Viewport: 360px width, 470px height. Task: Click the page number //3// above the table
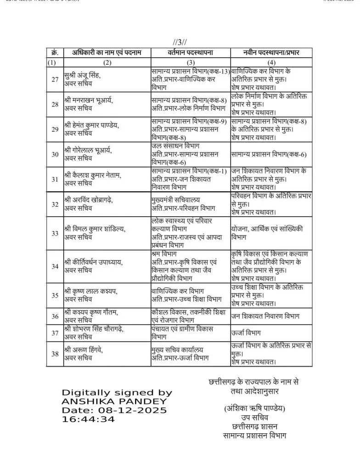click(x=180, y=43)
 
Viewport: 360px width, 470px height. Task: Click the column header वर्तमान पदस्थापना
click(x=191, y=53)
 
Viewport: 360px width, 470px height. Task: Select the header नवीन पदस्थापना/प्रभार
click(x=271, y=53)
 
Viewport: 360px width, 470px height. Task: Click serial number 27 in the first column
click(x=55, y=79)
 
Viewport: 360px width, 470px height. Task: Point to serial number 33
click(x=55, y=233)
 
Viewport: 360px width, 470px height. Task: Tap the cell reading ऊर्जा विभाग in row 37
click(x=246, y=332)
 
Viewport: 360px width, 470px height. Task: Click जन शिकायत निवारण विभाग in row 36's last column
click(x=265, y=316)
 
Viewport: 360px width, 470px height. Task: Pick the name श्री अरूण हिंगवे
click(x=84, y=350)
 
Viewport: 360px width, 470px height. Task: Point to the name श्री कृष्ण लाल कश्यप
click(x=90, y=291)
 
